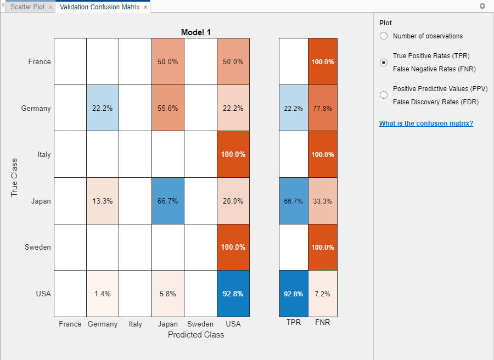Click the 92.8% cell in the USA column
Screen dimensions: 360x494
pyautogui.click(x=233, y=294)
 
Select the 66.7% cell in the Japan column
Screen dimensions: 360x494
pyautogui.click(x=167, y=201)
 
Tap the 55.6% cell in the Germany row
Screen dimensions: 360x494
pyautogui.click(x=167, y=108)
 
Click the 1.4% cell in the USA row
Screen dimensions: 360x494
pyautogui.click(x=103, y=294)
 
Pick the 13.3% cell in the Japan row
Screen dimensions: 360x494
pyautogui.click(x=103, y=201)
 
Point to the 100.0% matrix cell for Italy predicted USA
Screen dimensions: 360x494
pyautogui.click(x=233, y=154)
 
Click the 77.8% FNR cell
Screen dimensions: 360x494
pyautogui.click(x=323, y=108)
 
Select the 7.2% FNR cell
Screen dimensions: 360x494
pyautogui.click(x=323, y=294)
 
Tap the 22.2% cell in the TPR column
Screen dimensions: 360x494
pyautogui.click(x=294, y=108)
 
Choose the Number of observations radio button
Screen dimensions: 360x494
pyautogui.click(x=384, y=36)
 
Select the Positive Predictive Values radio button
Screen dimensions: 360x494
pyautogui.click(x=384, y=95)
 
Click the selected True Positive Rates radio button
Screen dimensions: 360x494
pyautogui.click(x=384, y=63)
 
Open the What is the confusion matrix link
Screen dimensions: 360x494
pyautogui.click(x=426, y=123)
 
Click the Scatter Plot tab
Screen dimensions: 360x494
pyautogui.click(x=27, y=7)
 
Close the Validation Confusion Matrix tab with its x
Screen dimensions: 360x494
pyautogui.click(x=145, y=7)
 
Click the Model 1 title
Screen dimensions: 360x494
pyautogui.click(x=196, y=32)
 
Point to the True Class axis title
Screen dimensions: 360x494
pyautogui.click(x=14, y=177)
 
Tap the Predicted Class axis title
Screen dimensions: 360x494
pyautogui.click(x=196, y=335)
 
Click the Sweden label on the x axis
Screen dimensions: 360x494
pyautogui.click(x=200, y=324)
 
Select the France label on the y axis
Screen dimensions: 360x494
pyautogui.click(x=40, y=61)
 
